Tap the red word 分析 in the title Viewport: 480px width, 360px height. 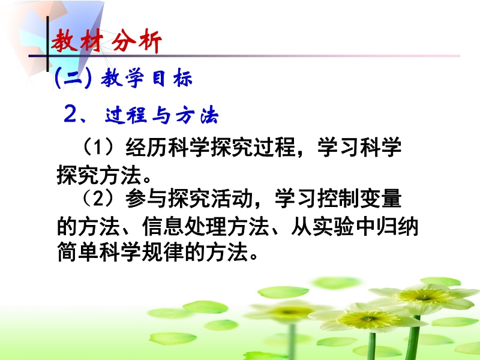[136, 41]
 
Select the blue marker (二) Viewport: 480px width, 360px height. [73, 78]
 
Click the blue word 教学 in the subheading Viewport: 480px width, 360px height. [122, 78]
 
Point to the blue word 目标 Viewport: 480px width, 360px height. [172, 78]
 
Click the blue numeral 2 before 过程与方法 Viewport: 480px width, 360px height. [70, 115]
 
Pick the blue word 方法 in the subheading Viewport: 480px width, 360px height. [197, 115]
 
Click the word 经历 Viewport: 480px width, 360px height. [146, 147]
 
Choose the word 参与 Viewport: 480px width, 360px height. [146, 199]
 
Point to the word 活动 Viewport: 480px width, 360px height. [232, 199]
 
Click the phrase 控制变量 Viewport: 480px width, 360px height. [359, 199]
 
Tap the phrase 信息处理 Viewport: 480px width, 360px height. [184, 227]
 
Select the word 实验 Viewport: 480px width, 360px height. [334, 227]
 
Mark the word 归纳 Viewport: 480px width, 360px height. [397, 227]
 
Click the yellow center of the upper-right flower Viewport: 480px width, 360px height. [424, 296]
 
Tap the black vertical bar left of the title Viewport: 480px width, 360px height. [47, 43]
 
